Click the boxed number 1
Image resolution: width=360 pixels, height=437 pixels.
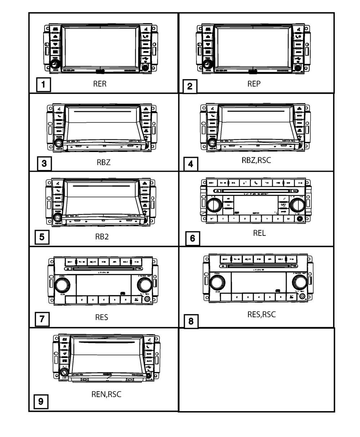point(43,85)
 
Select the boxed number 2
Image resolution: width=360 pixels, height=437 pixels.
point(190,86)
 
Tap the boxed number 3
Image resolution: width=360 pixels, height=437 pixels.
point(44,163)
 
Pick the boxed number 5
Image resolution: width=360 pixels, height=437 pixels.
point(42,237)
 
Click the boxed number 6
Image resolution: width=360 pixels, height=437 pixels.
point(192,238)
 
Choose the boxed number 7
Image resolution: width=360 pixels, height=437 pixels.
point(42,319)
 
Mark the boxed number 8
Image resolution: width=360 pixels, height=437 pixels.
point(191,321)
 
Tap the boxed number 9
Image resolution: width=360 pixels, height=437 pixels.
point(41,401)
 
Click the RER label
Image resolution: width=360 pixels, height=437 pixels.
point(100,84)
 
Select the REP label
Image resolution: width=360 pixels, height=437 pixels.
point(254,84)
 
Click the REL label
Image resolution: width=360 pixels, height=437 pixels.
point(259,233)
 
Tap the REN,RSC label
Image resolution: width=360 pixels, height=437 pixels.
point(107,394)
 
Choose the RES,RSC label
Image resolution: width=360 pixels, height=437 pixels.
point(261,314)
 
